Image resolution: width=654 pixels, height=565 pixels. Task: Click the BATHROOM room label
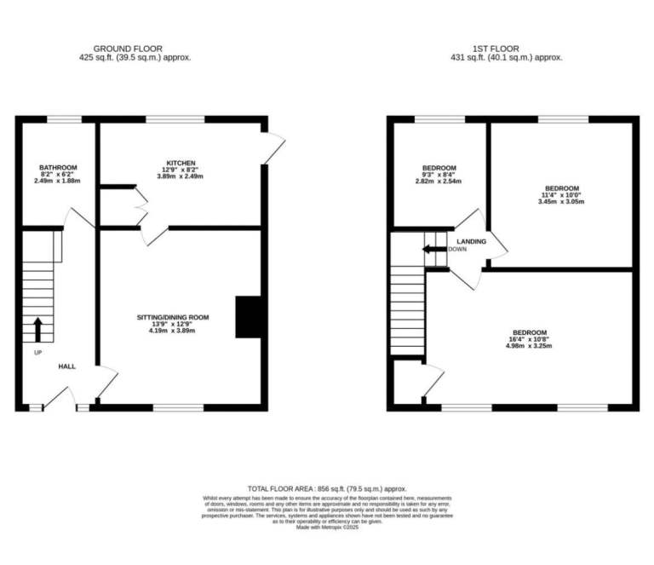(58, 167)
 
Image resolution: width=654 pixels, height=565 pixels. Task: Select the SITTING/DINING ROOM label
(173, 318)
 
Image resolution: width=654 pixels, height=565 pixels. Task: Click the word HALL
(66, 366)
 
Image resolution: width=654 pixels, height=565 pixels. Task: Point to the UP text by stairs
(38, 353)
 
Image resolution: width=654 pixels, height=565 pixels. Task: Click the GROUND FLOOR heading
(128, 49)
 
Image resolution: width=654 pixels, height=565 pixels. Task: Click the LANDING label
(472, 241)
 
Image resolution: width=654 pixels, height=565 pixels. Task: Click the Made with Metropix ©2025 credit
(327, 528)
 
